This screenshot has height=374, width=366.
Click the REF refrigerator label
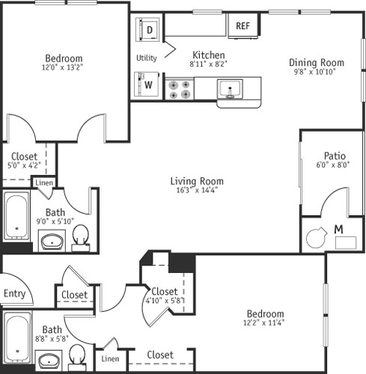[243, 25]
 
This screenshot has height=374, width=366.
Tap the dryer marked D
[147, 29]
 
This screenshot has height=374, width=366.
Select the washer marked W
[147, 85]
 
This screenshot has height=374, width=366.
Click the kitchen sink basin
[230, 89]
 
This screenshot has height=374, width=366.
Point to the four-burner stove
[180, 89]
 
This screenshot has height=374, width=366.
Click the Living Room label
[197, 181]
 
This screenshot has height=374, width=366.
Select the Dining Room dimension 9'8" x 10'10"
[314, 72]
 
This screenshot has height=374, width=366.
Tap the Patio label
[335, 156]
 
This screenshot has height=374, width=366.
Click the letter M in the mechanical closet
[338, 229]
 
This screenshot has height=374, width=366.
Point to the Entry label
[14, 293]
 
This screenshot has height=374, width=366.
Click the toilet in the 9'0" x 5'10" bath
[81, 238]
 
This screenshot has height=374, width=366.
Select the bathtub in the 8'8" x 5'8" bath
[17, 337]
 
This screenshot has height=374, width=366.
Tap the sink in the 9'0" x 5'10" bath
[52, 242]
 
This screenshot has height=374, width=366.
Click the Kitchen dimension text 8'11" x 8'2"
[208, 64]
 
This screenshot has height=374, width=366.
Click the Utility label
[147, 58]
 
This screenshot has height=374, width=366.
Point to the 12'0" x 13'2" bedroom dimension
[62, 67]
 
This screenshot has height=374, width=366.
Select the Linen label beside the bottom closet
[110, 359]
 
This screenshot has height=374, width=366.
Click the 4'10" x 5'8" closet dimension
[165, 300]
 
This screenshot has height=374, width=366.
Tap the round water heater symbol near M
[316, 238]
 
